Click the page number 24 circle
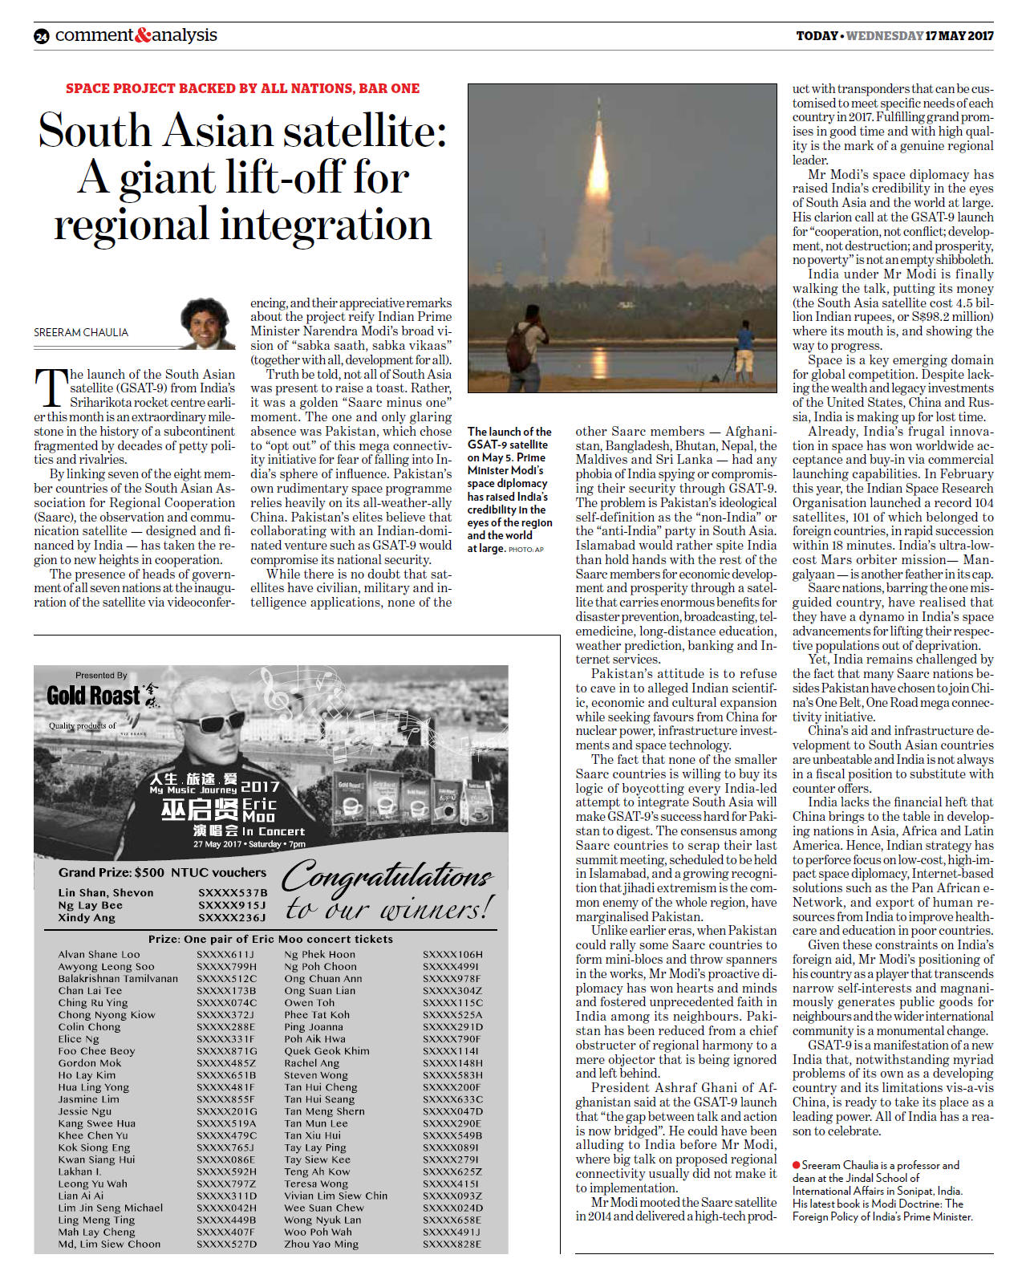coord(42,36)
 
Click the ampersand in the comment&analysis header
coord(144,35)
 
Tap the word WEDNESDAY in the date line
coord(884,36)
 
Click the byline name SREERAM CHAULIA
coord(81,332)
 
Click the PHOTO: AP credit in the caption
coord(526,550)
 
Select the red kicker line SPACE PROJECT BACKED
coord(242,88)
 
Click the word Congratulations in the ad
coord(388,876)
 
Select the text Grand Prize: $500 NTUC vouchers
coord(162,872)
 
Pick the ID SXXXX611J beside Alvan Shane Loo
coord(226,955)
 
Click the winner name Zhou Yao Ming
coord(321,1244)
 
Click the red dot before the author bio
coord(796,1164)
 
